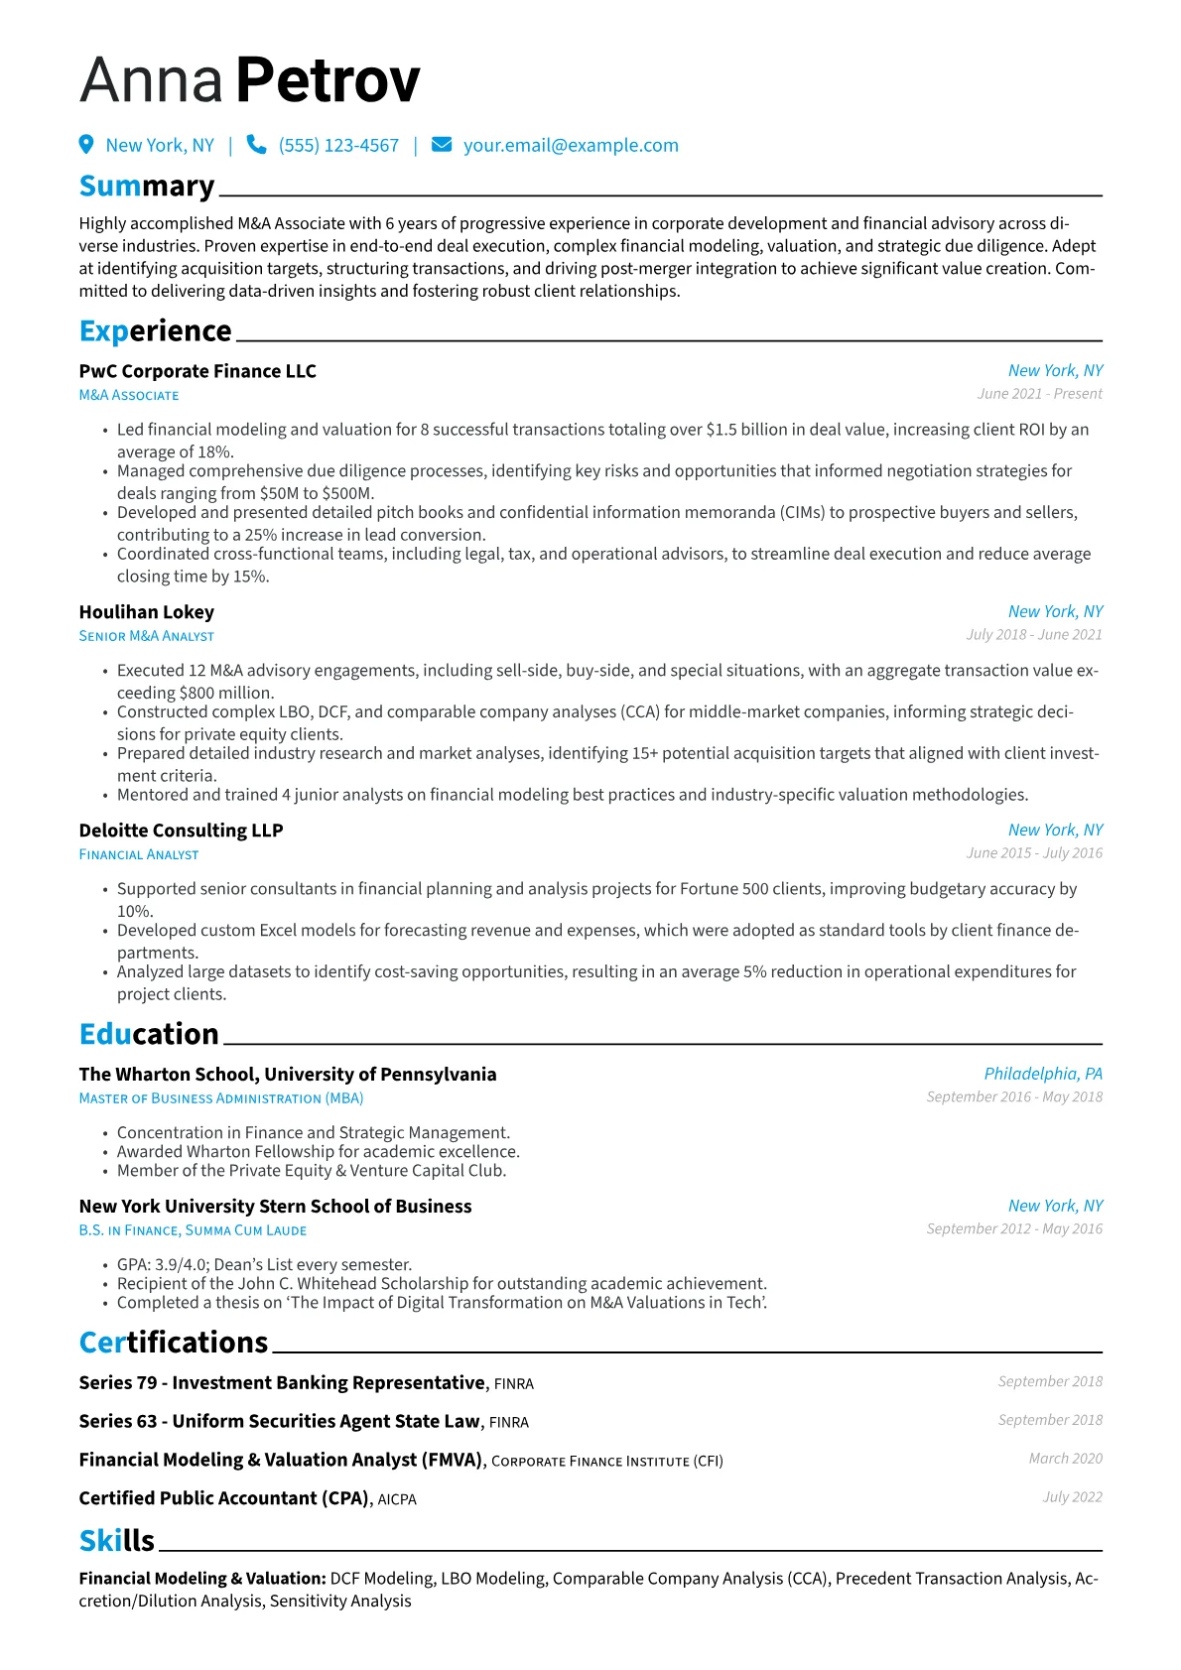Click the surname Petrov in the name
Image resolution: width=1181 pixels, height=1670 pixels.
point(328,80)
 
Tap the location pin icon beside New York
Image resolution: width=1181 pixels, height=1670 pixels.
point(86,145)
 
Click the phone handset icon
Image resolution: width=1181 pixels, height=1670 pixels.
point(256,145)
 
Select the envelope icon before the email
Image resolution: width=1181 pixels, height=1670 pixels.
point(442,145)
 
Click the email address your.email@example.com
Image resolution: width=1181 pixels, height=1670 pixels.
point(571,146)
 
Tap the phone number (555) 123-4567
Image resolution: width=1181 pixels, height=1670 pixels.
point(338,146)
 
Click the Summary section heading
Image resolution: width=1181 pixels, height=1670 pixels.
point(147,187)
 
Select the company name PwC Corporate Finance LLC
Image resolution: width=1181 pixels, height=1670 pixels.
point(197,371)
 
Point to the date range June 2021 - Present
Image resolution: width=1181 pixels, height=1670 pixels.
point(1039,394)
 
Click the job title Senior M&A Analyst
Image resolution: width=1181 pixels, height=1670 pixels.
point(147,636)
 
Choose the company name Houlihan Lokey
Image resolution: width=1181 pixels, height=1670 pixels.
point(147,612)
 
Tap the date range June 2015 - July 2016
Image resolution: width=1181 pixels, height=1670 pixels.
point(1034,853)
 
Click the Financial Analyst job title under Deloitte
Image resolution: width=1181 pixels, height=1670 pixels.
point(139,854)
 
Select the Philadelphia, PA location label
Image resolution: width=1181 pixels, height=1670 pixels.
point(1042,1074)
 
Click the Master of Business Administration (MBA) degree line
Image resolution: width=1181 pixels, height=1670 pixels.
point(221,1098)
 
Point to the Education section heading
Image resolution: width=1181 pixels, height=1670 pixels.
point(149,1034)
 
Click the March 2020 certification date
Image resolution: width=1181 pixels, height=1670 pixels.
point(1065,1459)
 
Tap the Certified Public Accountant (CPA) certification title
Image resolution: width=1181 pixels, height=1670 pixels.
point(223,1498)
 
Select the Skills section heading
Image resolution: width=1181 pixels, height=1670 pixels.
point(117,1540)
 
